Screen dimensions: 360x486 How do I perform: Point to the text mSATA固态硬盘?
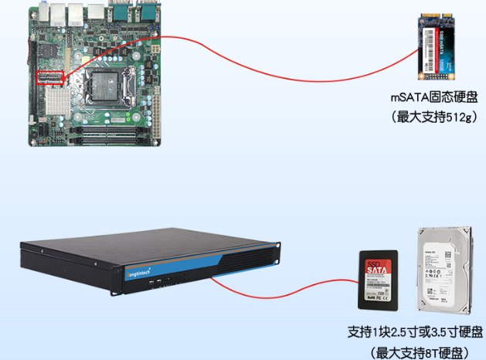434,98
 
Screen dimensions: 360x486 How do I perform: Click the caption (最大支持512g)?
434,116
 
